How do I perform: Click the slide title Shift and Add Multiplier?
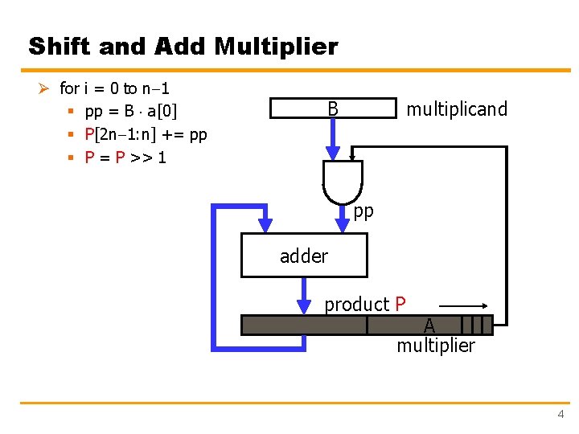183,47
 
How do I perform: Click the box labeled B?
333,108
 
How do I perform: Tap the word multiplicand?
457,109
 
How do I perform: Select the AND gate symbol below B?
343,181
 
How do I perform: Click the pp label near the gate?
363,211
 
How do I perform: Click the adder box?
304,256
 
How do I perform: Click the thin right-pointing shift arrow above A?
465,306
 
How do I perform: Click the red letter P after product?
400,305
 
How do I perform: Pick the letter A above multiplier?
429,325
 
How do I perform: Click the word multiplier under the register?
435,346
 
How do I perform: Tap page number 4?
561,414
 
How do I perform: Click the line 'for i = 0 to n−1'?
120,88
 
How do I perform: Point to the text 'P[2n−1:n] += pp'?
146,134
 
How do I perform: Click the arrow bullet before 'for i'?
47,88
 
